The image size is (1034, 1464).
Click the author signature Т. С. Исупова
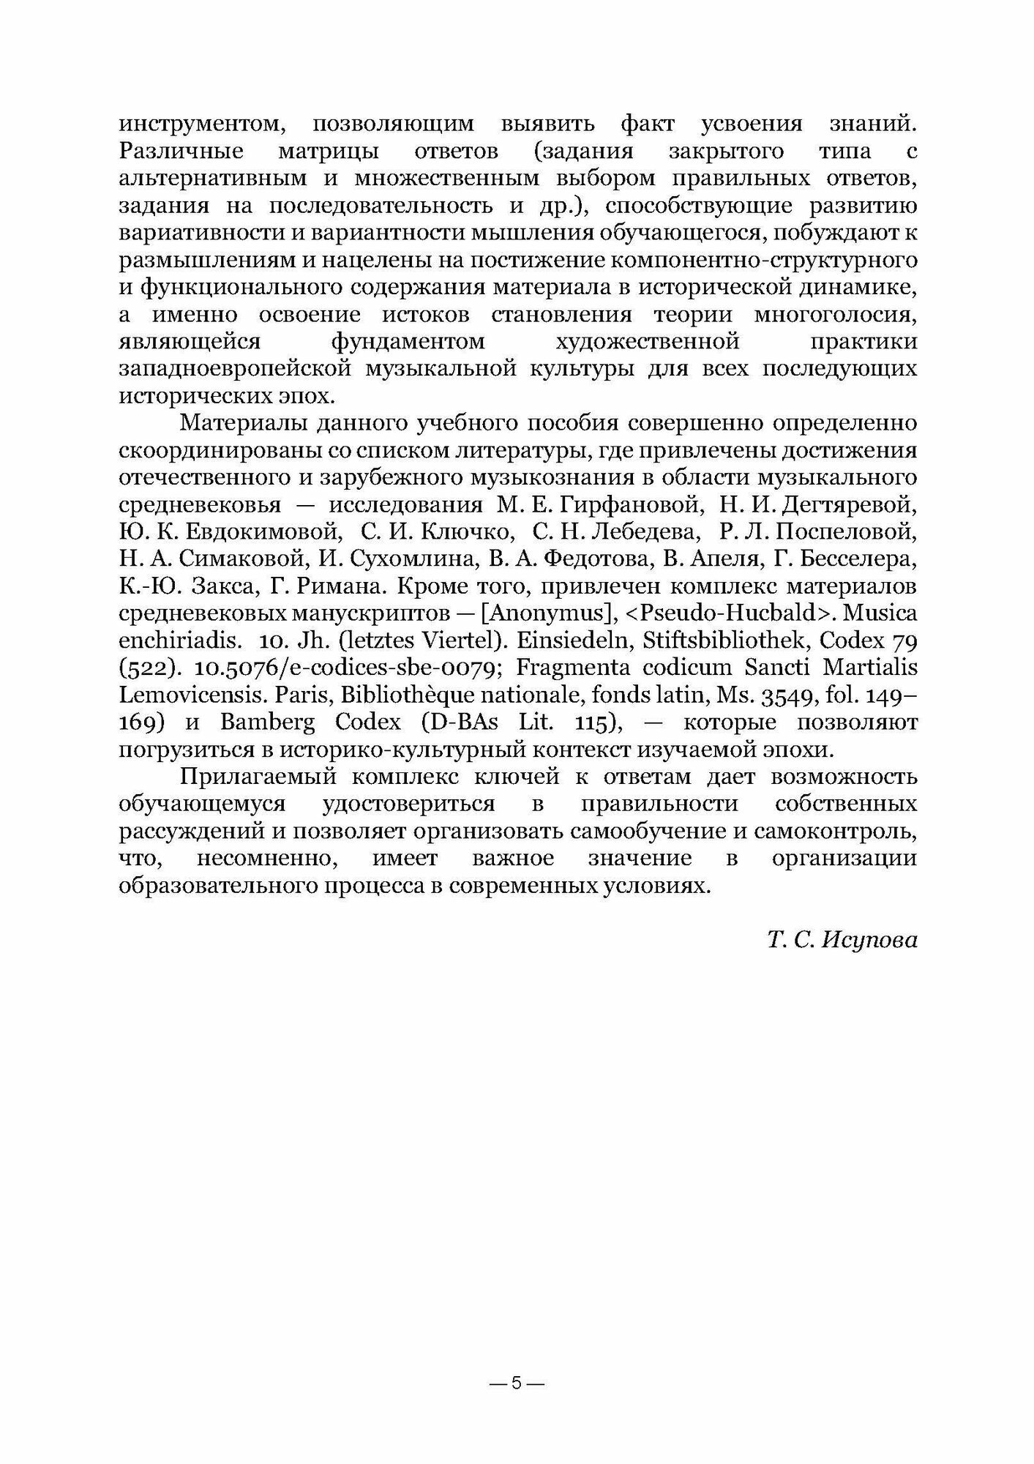(x=842, y=939)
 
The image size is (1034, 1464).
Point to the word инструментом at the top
(x=198, y=125)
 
